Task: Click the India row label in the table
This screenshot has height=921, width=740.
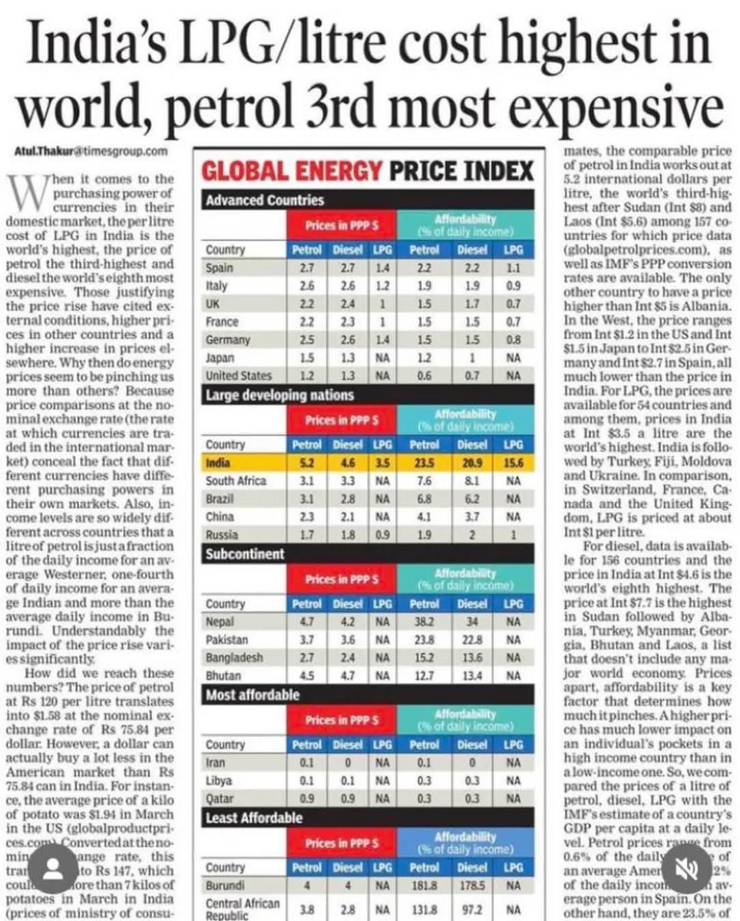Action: pyautogui.click(x=218, y=464)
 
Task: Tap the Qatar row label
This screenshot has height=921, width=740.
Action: pyautogui.click(x=220, y=799)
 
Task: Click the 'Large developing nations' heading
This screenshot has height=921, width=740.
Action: pyautogui.click(x=279, y=395)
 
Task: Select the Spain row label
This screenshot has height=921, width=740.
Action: pyautogui.click(x=220, y=268)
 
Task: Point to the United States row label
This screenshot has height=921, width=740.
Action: pyautogui.click(x=239, y=376)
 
